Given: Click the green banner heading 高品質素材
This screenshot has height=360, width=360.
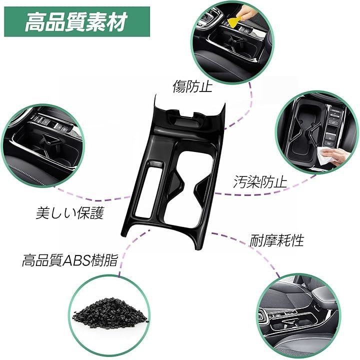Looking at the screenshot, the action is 76,22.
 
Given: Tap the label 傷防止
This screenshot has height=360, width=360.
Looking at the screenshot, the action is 192,86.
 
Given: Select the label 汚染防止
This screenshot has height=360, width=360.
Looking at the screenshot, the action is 260,182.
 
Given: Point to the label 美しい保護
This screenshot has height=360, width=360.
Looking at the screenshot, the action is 70,213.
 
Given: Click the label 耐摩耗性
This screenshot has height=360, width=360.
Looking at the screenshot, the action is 276,240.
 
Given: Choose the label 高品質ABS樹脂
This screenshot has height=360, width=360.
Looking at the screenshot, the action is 70,260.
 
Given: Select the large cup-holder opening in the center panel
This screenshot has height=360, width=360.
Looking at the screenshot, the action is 188,188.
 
